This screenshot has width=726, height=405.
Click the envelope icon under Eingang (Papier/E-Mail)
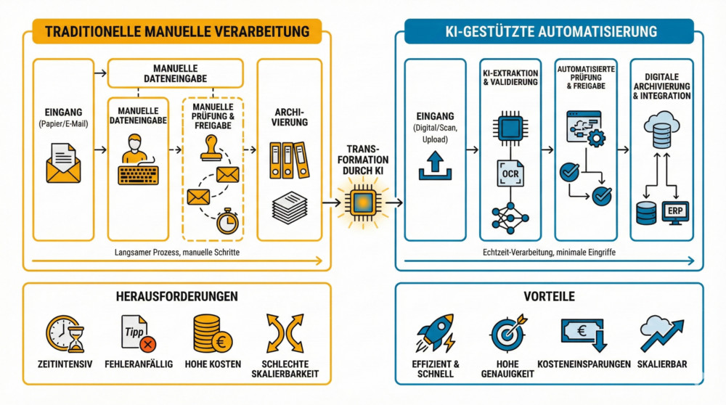(63, 163)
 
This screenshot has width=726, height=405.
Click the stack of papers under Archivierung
(289, 208)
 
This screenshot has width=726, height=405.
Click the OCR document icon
(510, 173)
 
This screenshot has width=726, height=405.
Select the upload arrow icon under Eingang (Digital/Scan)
(435, 165)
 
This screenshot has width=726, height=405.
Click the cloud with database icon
(661, 130)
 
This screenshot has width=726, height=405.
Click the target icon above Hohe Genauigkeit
(507, 333)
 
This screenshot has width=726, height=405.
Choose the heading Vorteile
(550, 297)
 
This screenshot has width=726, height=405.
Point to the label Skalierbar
(661, 364)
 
